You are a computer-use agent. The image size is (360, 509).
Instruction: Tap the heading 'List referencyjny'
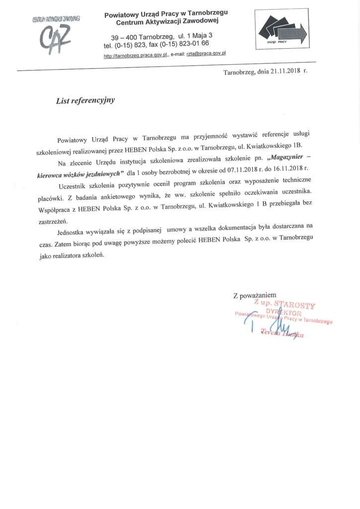coord(86,100)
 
